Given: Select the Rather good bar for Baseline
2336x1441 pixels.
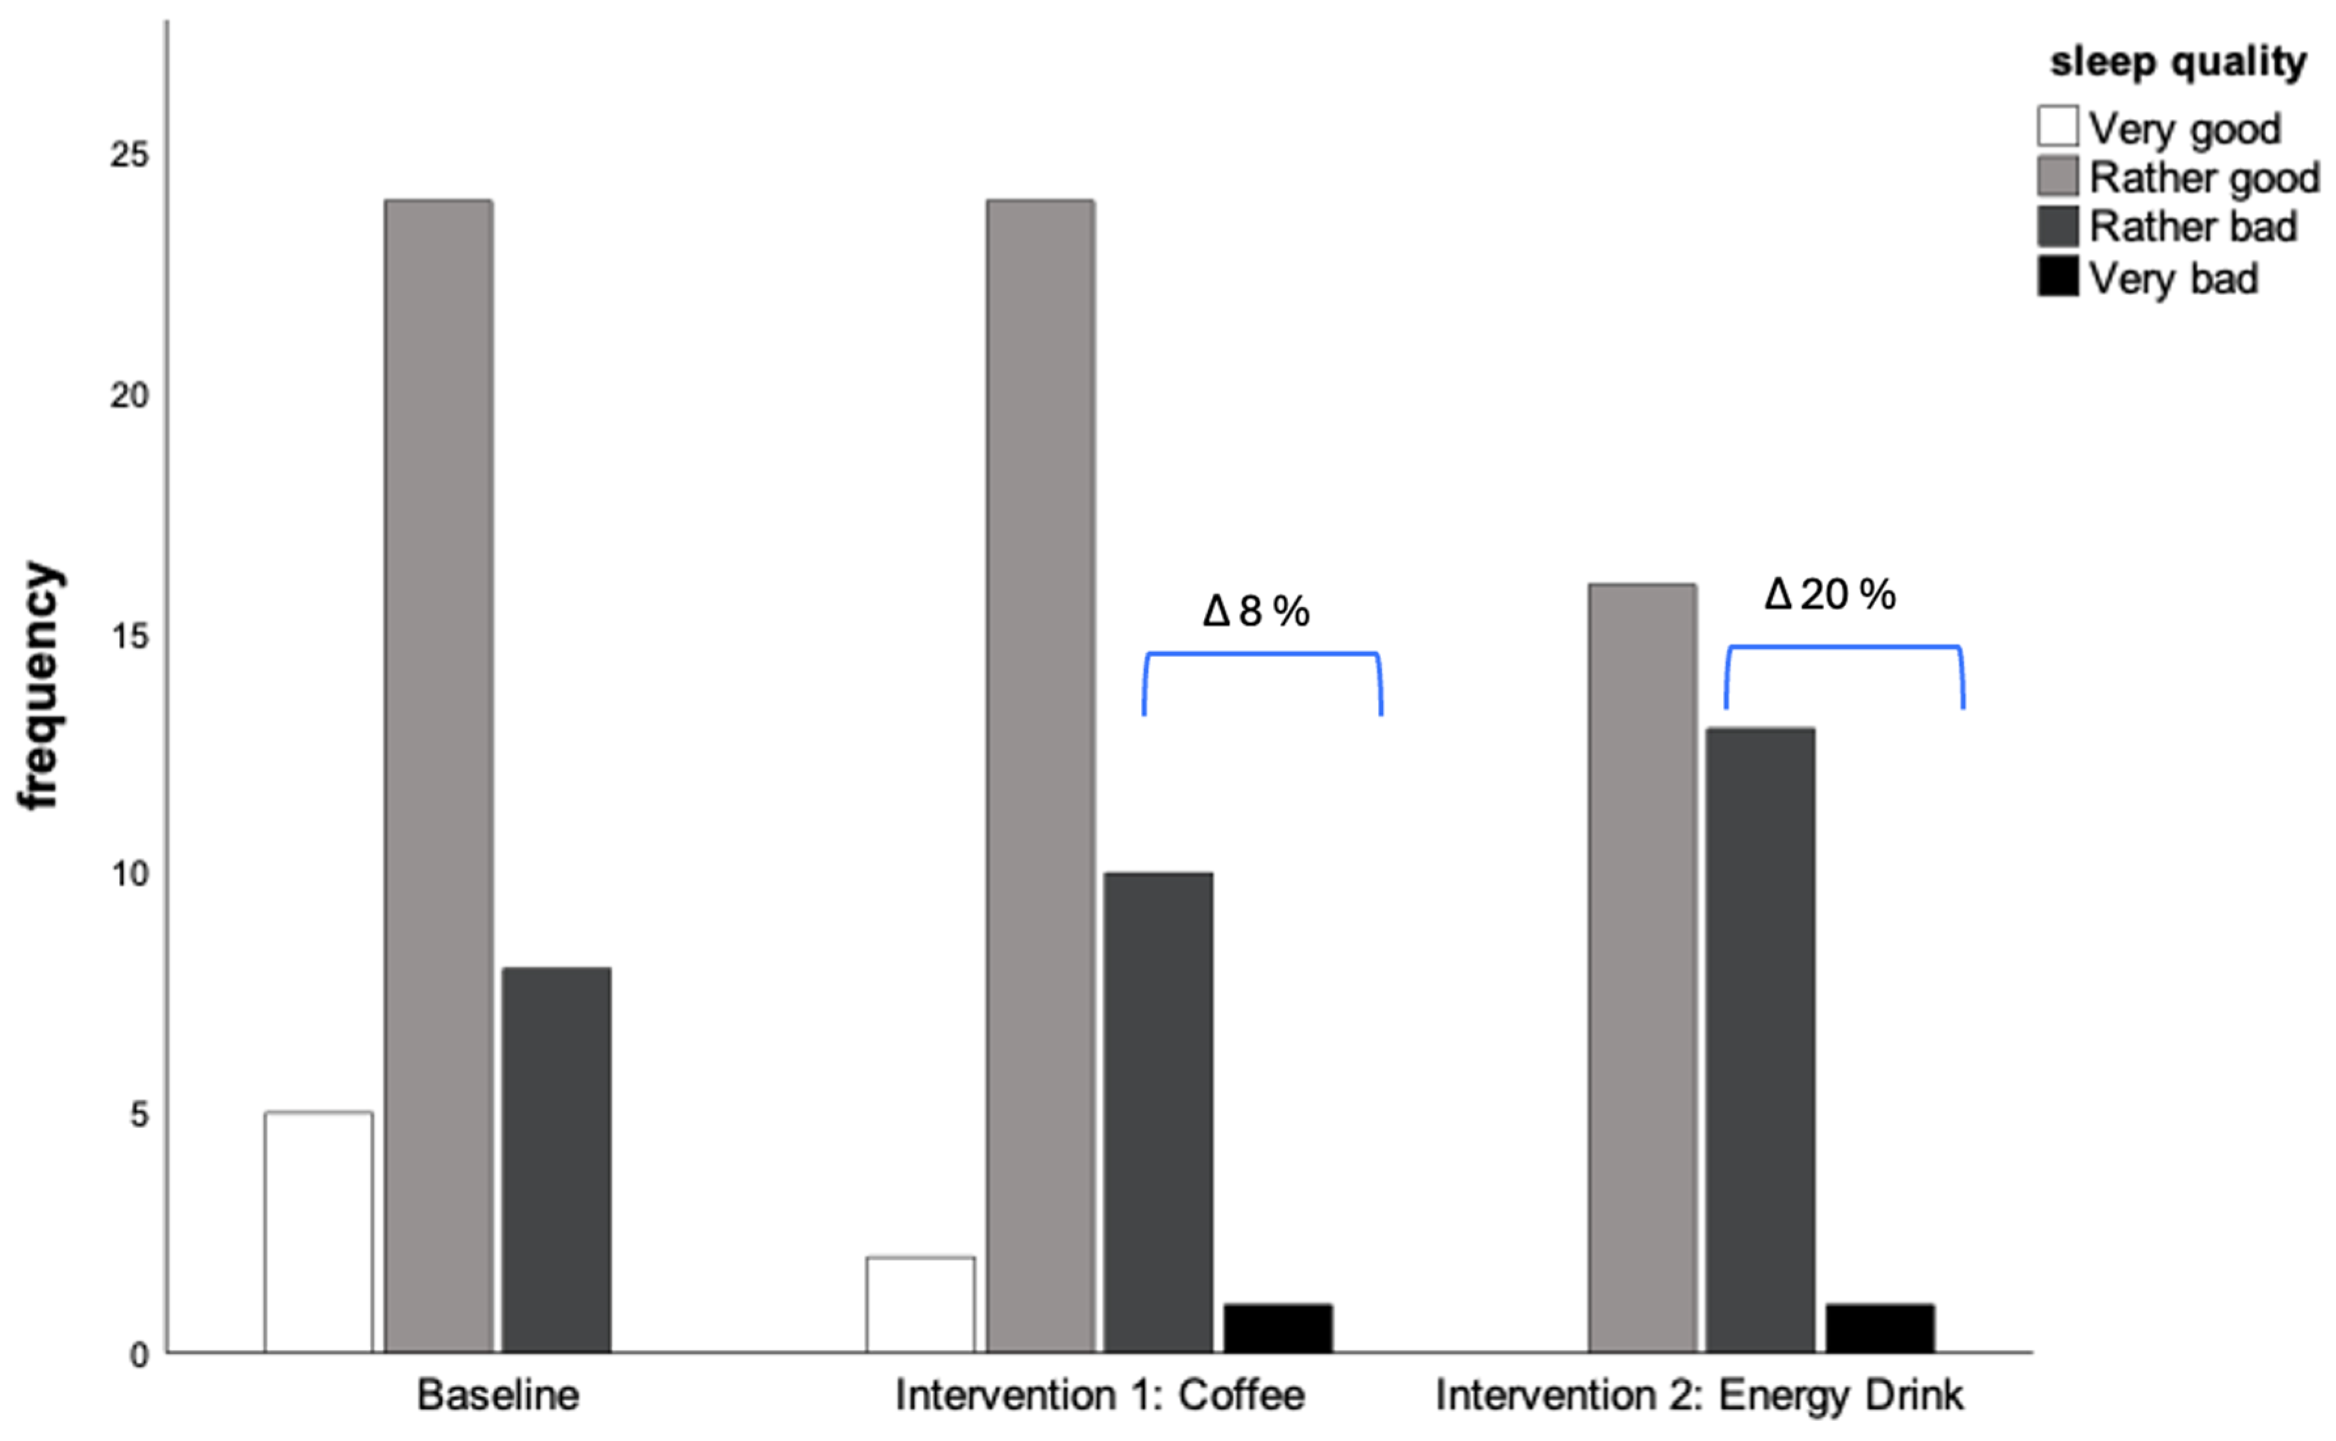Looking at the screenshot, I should [438, 776].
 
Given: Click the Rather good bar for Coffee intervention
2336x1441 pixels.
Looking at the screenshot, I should [1041, 776].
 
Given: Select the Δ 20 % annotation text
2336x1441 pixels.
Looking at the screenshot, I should [1829, 595].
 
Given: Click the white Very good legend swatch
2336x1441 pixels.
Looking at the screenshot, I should [2058, 127].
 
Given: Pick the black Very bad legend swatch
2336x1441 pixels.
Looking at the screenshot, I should [2058, 277].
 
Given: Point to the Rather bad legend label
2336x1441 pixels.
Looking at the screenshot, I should [2192, 227].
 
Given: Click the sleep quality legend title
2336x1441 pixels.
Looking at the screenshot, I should [2178, 62].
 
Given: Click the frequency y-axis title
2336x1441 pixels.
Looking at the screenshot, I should [40, 687].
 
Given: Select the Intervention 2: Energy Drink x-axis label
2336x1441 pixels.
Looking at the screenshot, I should [1699, 1395].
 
